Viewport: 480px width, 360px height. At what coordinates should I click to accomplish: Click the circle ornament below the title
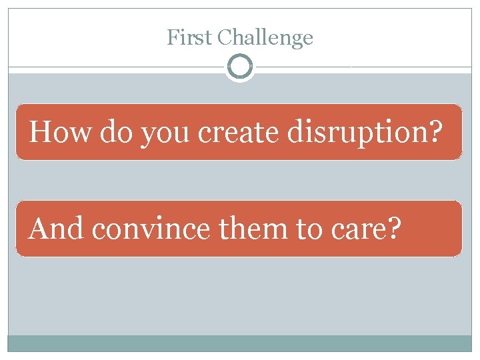point(240,67)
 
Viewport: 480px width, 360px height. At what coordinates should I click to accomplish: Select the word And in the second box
point(57,229)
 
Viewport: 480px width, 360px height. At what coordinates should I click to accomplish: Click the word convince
point(151,229)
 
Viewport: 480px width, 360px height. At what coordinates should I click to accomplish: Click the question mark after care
point(395,229)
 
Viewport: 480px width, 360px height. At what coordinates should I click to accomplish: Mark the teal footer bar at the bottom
point(240,343)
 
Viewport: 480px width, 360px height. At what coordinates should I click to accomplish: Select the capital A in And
point(39,229)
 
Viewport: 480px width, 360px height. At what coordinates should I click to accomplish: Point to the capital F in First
point(171,37)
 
